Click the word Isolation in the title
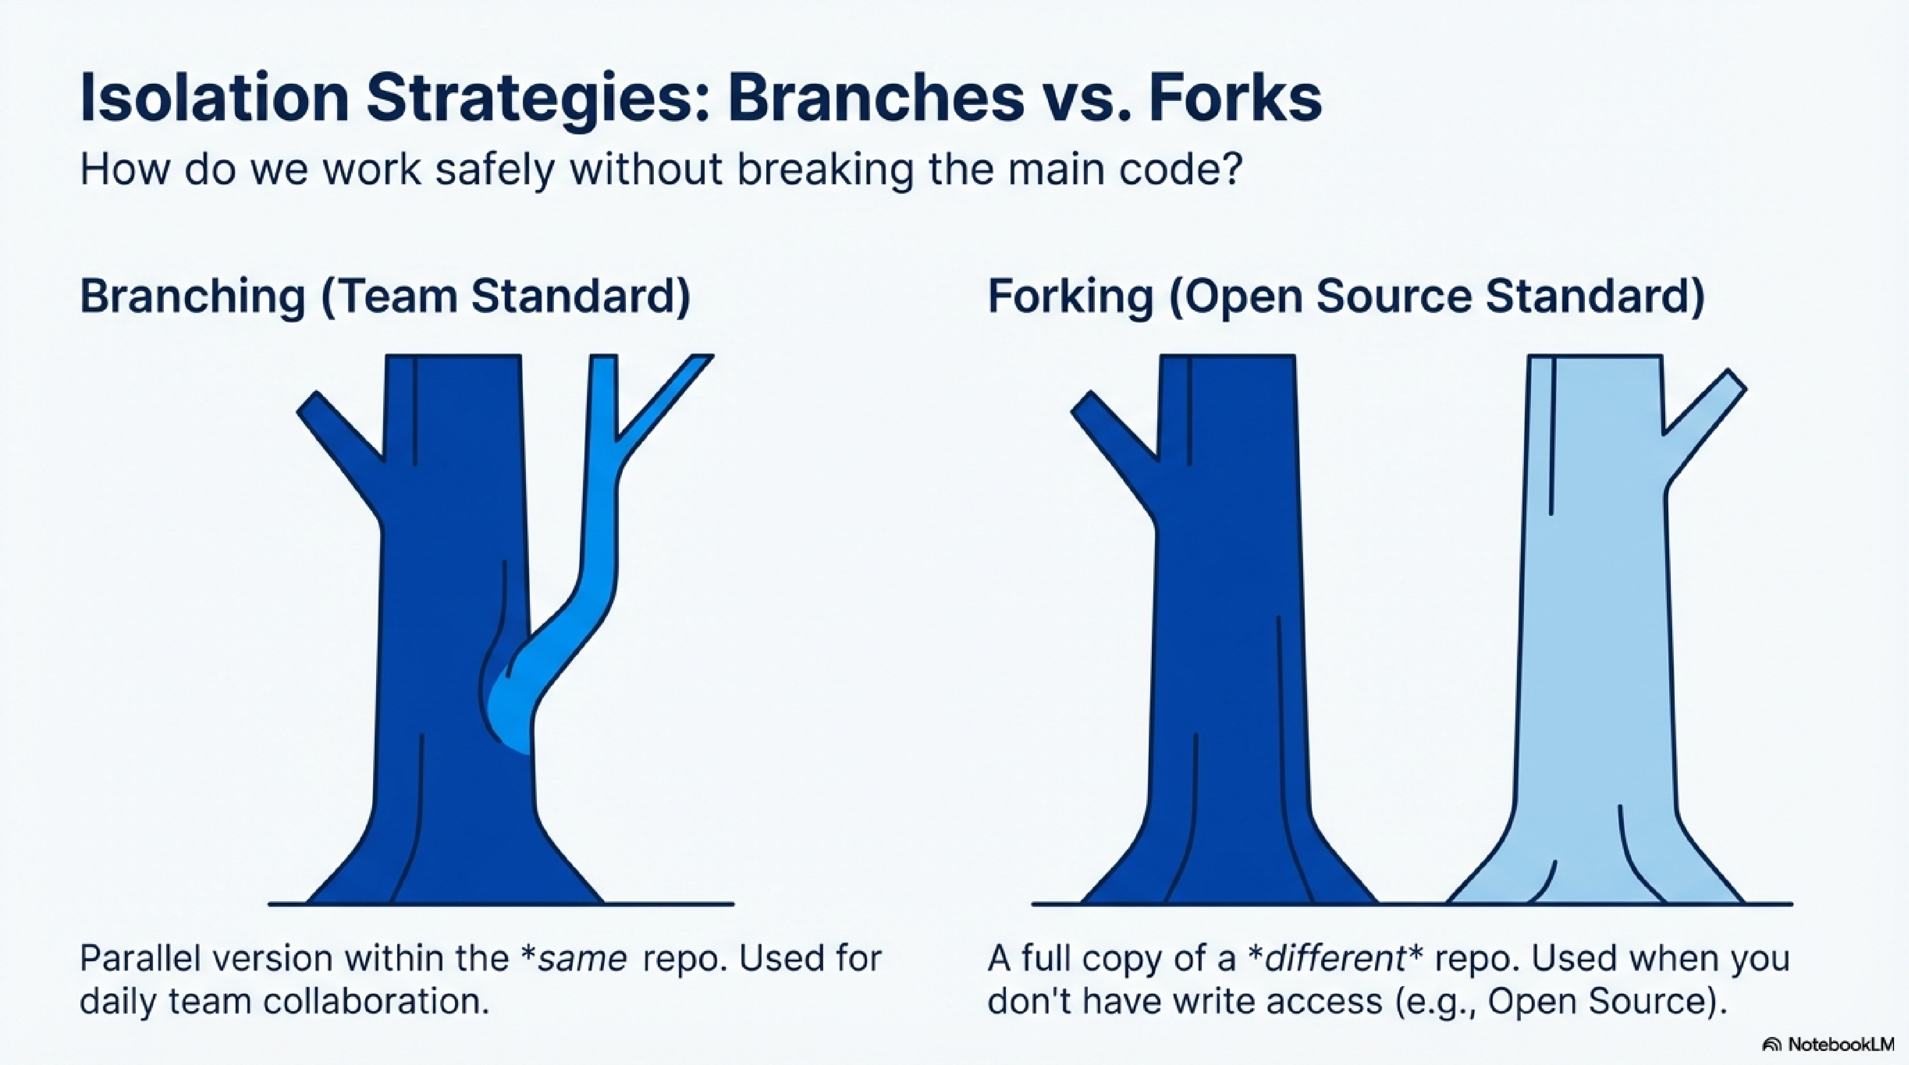tap(213, 98)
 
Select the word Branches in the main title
tap(875, 98)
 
